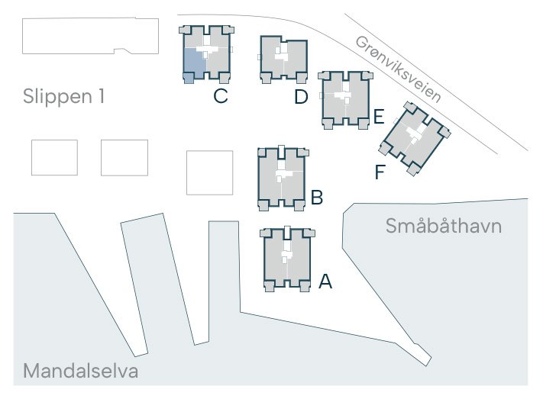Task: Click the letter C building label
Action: pos(221,96)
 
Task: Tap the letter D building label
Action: pos(301,97)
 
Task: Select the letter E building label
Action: pos(379,116)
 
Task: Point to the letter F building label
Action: pos(380,172)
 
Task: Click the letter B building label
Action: pos(317,198)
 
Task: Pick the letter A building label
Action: pos(325,282)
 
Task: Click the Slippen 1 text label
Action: pos(63,96)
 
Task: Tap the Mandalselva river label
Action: pos(81,371)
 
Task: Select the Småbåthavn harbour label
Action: pos(444,226)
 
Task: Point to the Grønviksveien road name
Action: pos(398,69)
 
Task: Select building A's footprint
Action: pos(287,259)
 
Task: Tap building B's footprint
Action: pos(283,179)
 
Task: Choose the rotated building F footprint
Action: pos(415,138)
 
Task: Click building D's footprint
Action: pos(283,59)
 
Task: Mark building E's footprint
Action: pos(345,100)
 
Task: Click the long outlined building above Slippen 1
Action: pos(90,36)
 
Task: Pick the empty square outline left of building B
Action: pos(209,172)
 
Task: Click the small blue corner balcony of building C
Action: pos(189,79)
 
